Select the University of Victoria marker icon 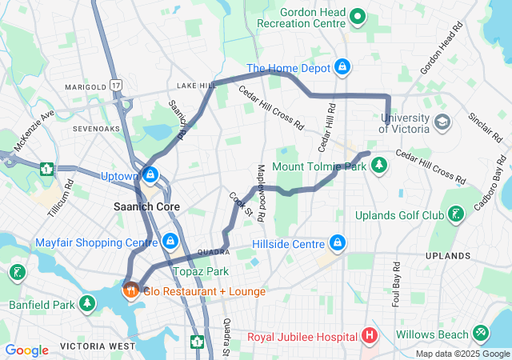pyautogui.click(x=443, y=122)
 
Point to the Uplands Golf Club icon pyautogui.click(x=455, y=215)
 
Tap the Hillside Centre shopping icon pyautogui.click(x=338, y=242)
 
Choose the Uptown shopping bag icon pyautogui.click(x=150, y=174)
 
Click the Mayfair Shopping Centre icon pyautogui.click(x=170, y=241)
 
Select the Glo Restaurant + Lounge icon pyautogui.click(x=130, y=290)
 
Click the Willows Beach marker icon pyautogui.click(x=481, y=332)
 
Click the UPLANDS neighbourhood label pyautogui.click(x=448, y=256)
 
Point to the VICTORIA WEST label pyautogui.click(x=98, y=346)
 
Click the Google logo pyautogui.click(x=26, y=350)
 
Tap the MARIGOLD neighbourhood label pyautogui.click(x=86, y=86)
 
